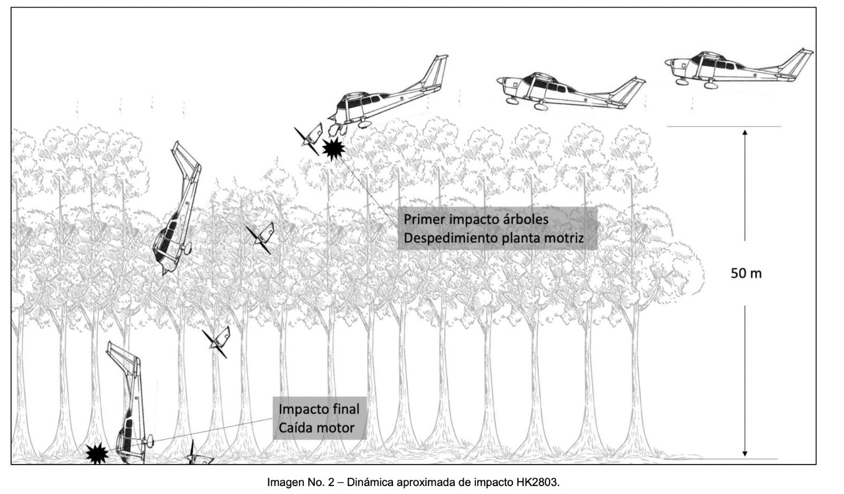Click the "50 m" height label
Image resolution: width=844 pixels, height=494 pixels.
point(746,273)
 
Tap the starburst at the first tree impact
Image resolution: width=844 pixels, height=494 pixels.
point(333,149)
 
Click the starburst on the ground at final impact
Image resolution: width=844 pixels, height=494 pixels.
point(97,453)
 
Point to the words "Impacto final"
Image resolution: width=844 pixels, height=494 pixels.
point(319,409)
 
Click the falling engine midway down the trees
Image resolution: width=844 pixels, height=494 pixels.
point(262,236)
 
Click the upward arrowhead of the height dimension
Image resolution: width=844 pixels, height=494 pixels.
point(745,132)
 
